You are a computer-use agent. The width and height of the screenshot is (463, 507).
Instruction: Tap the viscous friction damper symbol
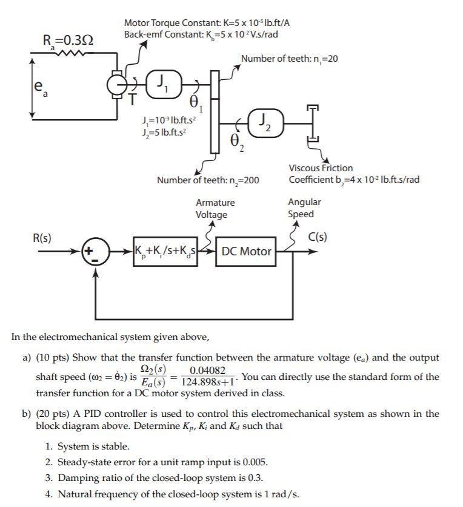(x=313, y=129)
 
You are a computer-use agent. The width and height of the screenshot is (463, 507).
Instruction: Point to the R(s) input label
(x=42, y=238)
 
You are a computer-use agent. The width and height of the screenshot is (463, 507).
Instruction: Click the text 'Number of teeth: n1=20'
(x=290, y=59)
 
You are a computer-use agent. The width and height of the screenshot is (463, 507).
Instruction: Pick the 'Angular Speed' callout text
(x=304, y=208)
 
